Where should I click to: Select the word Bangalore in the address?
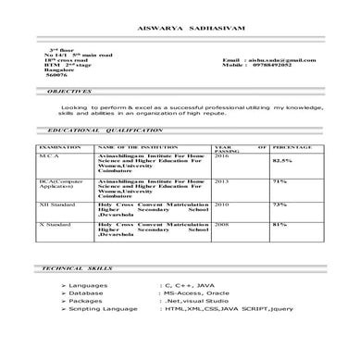[x=60, y=71]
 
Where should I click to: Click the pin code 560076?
[x=58, y=77]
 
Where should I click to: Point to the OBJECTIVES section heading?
[x=68, y=93]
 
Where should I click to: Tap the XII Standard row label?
[x=58, y=204]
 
